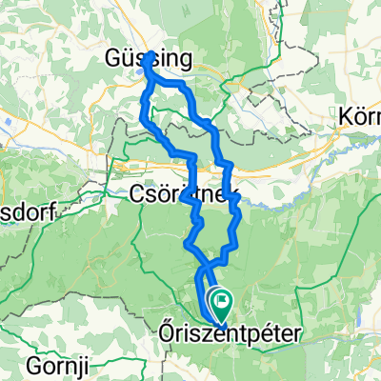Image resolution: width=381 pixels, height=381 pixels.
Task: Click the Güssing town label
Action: point(148,59)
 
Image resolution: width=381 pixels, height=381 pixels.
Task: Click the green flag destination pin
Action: point(221,304)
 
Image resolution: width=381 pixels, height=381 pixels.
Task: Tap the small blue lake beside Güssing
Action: point(142,68)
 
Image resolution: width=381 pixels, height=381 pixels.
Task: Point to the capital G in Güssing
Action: point(109,59)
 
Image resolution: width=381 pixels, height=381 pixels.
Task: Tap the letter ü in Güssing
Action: point(122,59)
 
